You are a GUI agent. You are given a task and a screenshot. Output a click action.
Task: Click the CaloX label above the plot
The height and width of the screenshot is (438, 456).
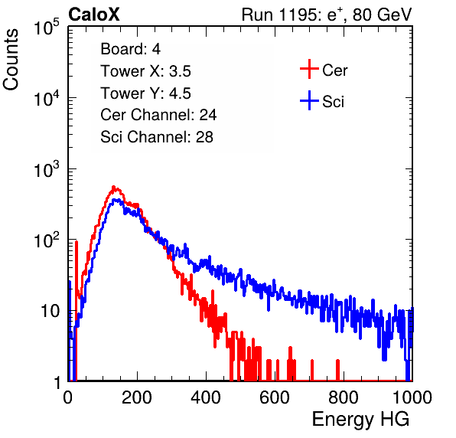pos(94,15)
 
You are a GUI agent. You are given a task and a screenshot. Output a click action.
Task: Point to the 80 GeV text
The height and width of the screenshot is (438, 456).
pos(383,15)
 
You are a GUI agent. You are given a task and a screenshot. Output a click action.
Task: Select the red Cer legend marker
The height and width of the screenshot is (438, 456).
pos(309,69)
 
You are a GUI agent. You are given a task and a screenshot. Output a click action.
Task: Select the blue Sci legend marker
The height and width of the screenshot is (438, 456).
pos(309,100)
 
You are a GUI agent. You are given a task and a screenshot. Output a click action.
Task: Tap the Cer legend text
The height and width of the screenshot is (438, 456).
pos(334,70)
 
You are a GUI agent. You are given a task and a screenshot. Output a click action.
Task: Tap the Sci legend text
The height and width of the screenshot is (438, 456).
pos(333,102)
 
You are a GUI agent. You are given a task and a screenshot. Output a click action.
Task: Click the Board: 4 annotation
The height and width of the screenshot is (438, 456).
pos(130,49)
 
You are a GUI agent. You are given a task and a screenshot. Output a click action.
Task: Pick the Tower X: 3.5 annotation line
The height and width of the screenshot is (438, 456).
pos(145,71)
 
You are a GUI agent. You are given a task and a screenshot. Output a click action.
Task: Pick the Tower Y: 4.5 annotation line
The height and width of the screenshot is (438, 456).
pos(145,93)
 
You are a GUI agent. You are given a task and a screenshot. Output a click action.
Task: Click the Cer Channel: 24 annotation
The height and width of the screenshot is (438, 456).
pos(158,115)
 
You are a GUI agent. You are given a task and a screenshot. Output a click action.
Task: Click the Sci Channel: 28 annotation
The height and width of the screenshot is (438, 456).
pos(157,137)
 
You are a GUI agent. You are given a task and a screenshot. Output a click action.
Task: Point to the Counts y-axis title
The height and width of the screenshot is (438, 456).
pos(11,60)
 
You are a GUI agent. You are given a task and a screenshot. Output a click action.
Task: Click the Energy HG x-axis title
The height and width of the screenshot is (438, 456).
pos(360,420)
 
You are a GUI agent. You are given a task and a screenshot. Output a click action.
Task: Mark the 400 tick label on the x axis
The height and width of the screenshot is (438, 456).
pos(206,397)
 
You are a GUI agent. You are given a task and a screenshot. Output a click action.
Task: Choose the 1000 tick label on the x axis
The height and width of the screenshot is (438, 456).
pos(412,397)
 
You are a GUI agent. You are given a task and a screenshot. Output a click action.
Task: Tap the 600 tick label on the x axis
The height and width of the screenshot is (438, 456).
pos(275,397)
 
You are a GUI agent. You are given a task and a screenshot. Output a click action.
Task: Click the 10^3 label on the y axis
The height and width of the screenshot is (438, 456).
pos(47,169)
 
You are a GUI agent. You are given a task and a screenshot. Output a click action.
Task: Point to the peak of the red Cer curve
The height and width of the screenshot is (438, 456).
pos(114,187)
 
